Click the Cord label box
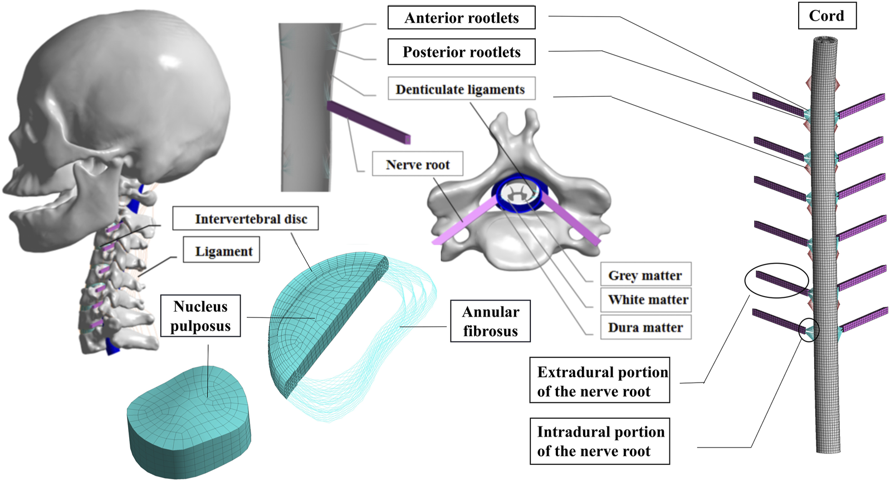pos(827,16)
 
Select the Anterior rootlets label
pos(461,18)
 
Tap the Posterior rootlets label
pos(461,52)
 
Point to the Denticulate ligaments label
pos(461,89)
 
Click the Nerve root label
pos(417,164)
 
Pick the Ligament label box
pos(222,251)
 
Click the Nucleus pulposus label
pos(200,316)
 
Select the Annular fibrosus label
pos(490,321)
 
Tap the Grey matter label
pos(645,275)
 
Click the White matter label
pos(646,300)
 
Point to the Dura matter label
pos(646,327)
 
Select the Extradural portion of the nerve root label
pos(599,381)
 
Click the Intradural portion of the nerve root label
pos(599,441)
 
